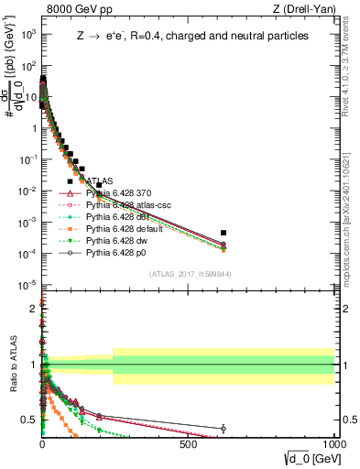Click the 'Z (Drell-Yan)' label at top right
coord(305,10)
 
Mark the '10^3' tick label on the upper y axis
coord(27,34)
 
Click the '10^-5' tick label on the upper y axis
coord(27,285)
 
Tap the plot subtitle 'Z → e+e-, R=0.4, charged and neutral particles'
coord(191,36)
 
